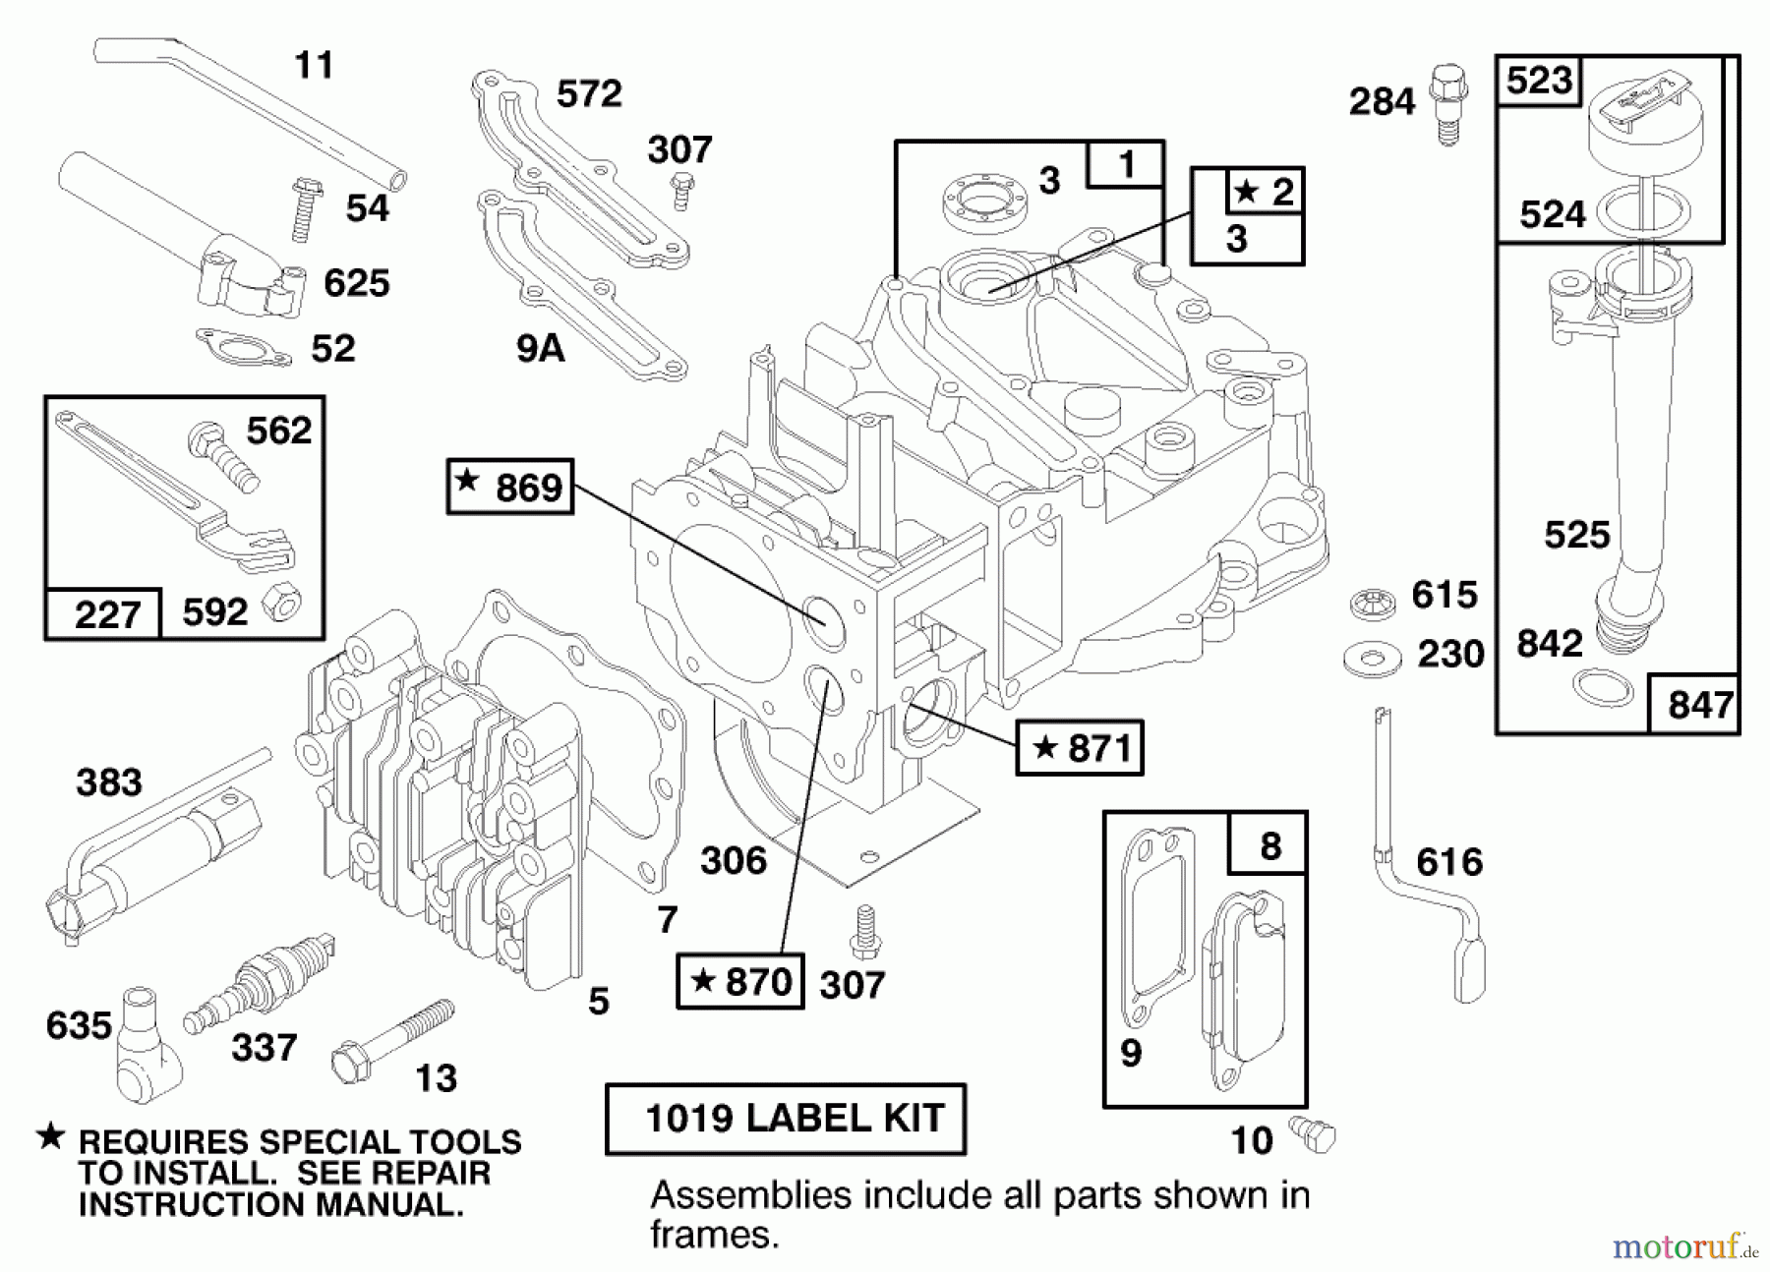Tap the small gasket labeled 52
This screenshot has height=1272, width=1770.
[x=243, y=346]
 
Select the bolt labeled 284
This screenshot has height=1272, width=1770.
[x=1447, y=103]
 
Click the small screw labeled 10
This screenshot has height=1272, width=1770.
[x=1314, y=1134]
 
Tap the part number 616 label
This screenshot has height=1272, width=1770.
[x=1448, y=863]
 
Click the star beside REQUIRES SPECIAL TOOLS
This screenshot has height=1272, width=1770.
[x=50, y=1137]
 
